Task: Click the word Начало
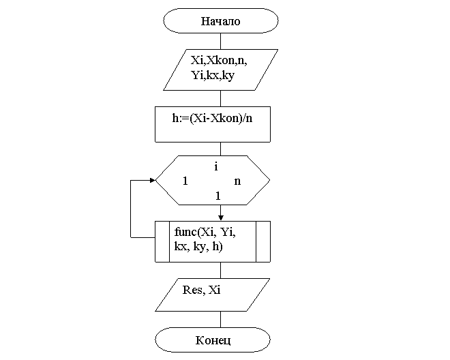pos(220,21)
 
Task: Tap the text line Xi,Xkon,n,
pos(219,61)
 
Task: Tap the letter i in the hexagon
pos(215,166)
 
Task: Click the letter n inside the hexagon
pos(237,181)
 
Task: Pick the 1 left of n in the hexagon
pos(185,181)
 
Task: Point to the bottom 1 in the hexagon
pos(217,196)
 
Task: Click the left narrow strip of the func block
pos(162,241)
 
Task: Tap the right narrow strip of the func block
pos(262,241)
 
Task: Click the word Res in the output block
pos(192,290)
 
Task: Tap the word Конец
pos(213,340)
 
